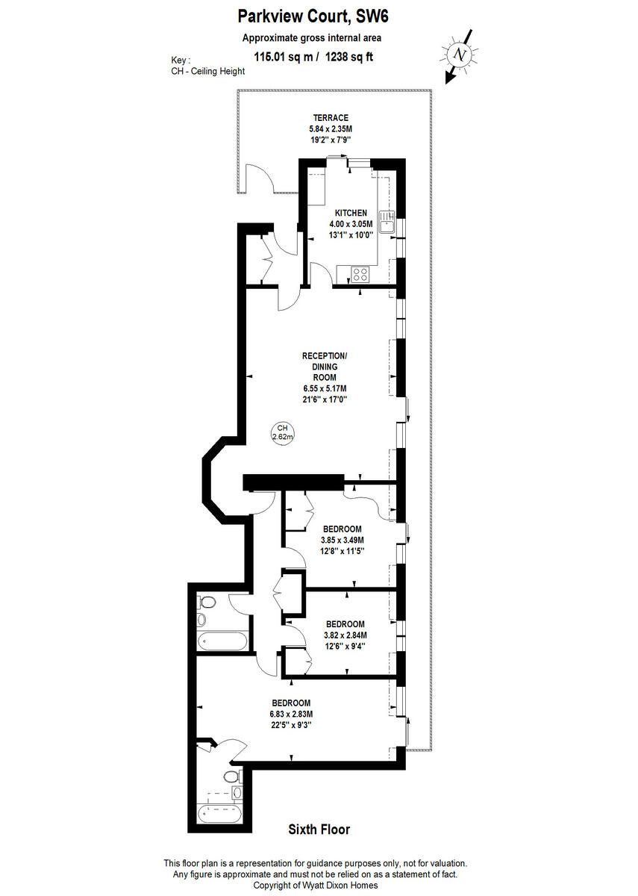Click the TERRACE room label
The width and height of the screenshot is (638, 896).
pyautogui.click(x=331, y=118)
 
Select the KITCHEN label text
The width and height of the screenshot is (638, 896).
pyautogui.click(x=351, y=214)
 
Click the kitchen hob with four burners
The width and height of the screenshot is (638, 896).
pyautogui.click(x=362, y=274)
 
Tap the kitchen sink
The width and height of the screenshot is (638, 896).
pyautogui.click(x=387, y=223)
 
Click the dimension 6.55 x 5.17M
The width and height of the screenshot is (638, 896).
pyautogui.click(x=324, y=388)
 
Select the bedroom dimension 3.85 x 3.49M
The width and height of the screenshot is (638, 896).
pyautogui.click(x=342, y=540)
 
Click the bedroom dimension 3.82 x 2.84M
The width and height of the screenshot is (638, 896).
pyautogui.click(x=345, y=635)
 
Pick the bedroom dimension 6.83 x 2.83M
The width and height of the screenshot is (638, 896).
pyautogui.click(x=290, y=714)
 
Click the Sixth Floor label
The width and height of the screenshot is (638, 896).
pyautogui.click(x=319, y=829)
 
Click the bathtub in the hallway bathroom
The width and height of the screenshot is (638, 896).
pyautogui.click(x=215, y=641)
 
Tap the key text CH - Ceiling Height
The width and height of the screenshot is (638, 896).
pyautogui.click(x=210, y=72)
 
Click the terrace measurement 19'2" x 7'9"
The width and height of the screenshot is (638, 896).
pyautogui.click(x=331, y=139)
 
